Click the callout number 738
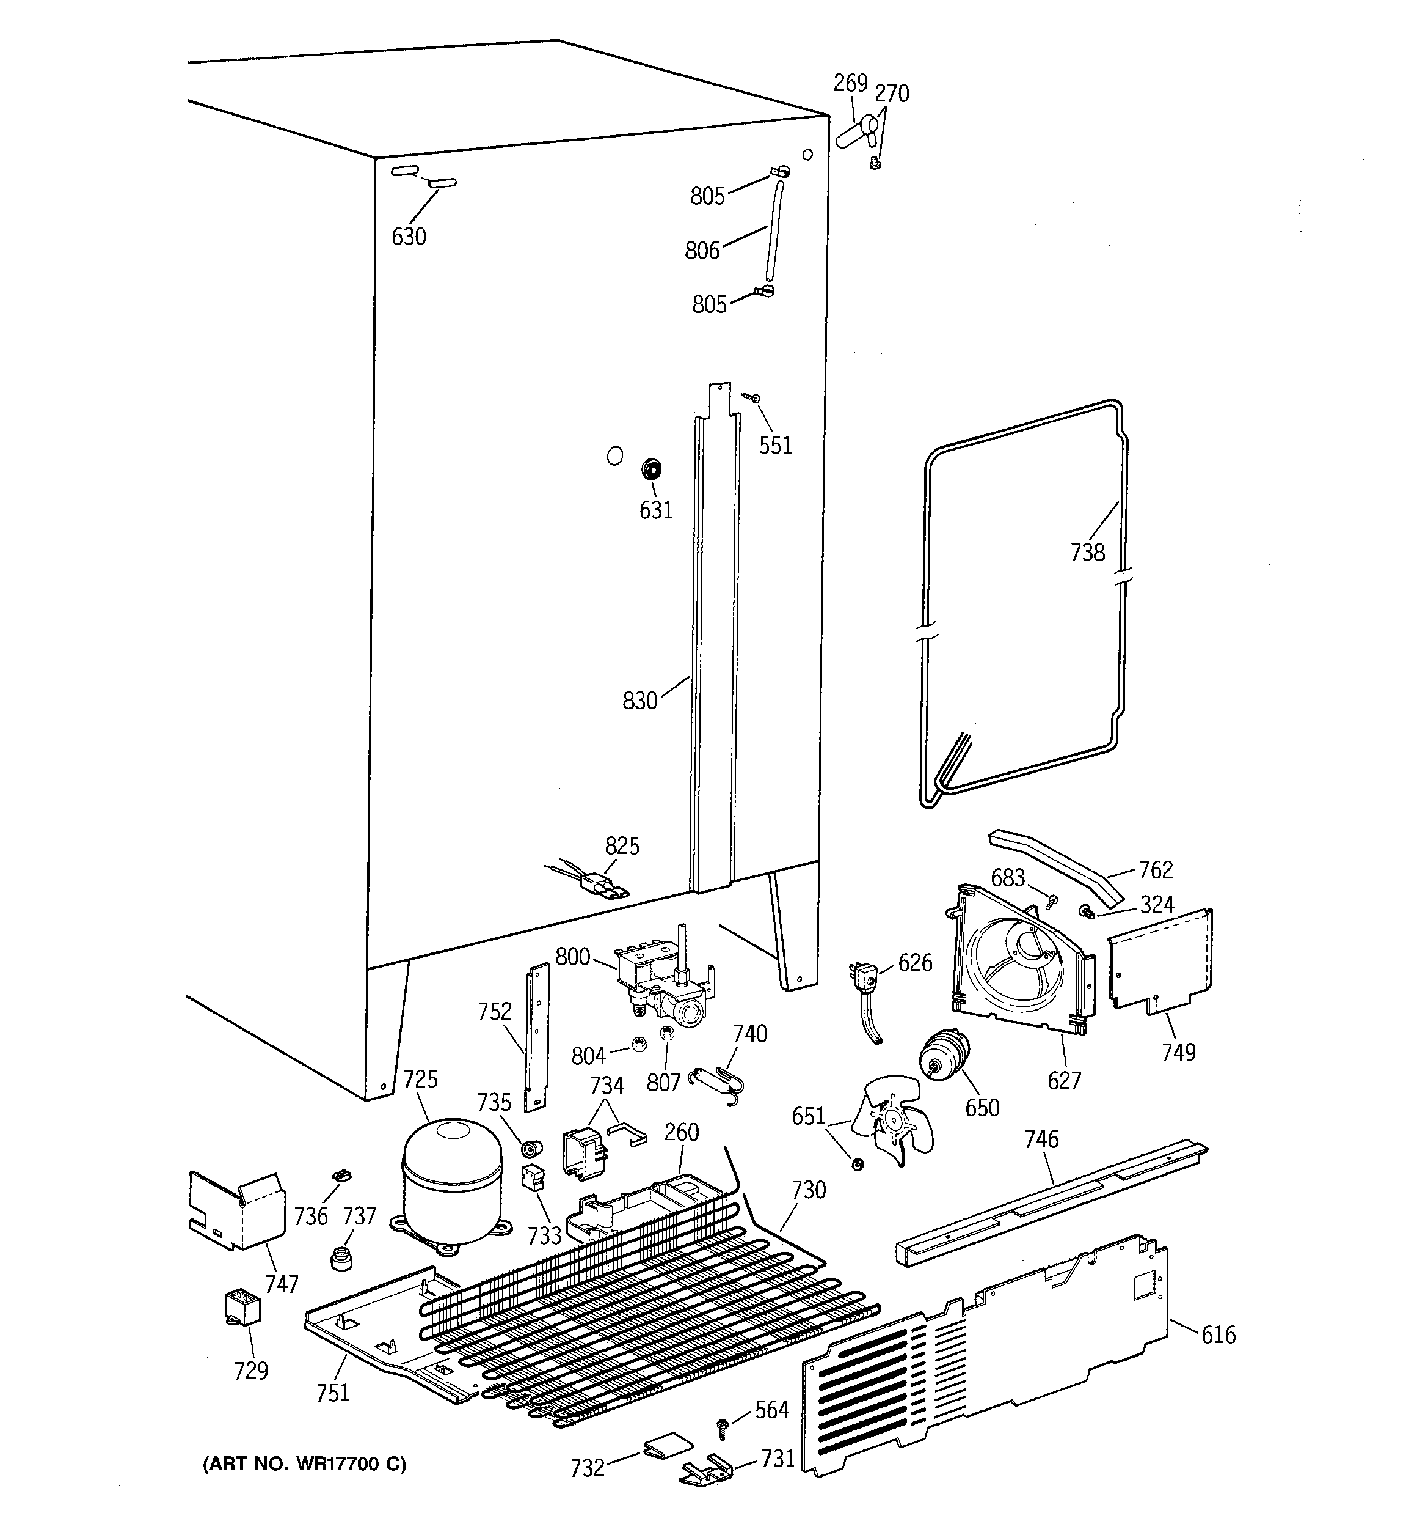[x=1087, y=552]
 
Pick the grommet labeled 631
[x=651, y=469]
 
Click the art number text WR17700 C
[x=304, y=1463]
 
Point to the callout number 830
[x=639, y=700]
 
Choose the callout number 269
[x=850, y=83]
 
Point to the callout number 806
[x=701, y=251]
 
